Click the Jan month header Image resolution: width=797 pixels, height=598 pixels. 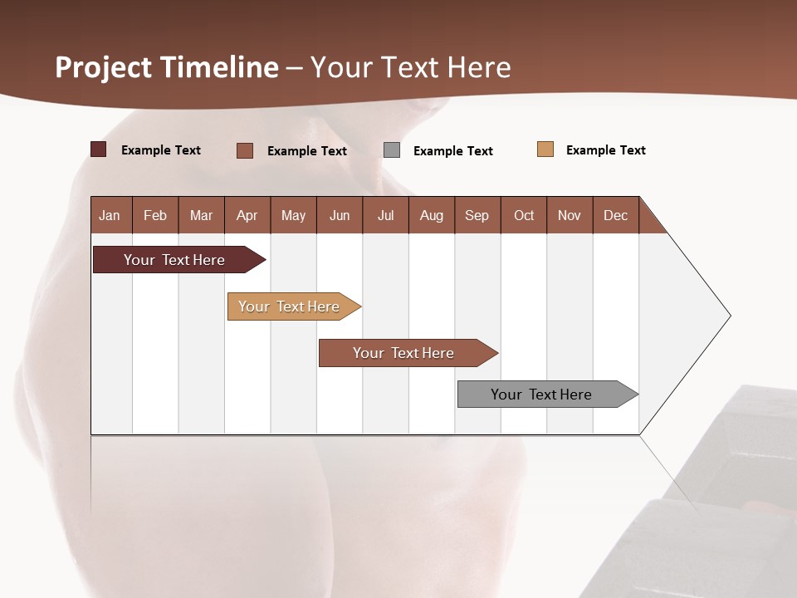point(110,215)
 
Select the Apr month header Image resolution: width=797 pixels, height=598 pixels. point(247,215)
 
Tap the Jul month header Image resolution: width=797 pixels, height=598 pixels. point(386,215)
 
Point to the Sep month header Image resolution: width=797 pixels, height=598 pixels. point(477,215)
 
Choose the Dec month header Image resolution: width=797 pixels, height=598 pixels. point(615,215)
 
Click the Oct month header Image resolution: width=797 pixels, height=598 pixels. point(524,215)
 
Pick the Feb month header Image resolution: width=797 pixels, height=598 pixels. point(155,215)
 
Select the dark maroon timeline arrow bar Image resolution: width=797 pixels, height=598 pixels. point(174,260)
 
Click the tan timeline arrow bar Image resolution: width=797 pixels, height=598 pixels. point(289,306)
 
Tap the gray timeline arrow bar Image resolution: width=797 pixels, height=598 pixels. point(541,395)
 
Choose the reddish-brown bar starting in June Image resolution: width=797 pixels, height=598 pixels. point(403,353)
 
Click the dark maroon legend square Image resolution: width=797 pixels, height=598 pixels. point(98,149)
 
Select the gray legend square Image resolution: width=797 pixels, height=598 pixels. point(392,150)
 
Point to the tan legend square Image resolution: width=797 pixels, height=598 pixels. point(545,149)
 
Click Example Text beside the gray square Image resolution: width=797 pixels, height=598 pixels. point(452,151)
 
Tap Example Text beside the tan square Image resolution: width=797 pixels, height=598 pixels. point(605,150)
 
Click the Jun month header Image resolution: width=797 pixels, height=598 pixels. point(340,215)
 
